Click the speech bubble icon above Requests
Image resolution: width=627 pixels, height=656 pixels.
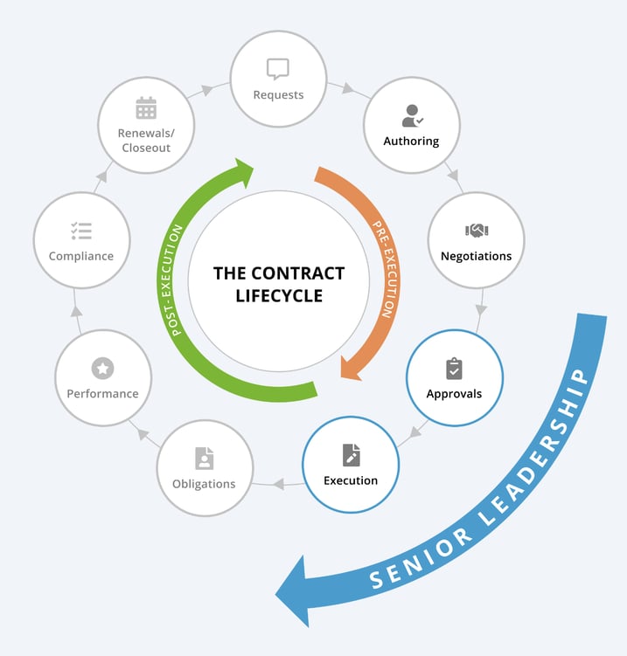pos(277,69)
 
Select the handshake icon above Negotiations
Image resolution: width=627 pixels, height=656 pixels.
pos(476,231)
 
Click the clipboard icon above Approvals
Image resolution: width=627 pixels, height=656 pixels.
pos(454,368)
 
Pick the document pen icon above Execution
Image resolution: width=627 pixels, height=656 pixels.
pos(351,454)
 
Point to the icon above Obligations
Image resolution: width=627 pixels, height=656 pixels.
pos(204,458)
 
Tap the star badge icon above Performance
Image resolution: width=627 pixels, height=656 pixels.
pos(102,369)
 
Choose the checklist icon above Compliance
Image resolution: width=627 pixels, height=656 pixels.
pos(81,231)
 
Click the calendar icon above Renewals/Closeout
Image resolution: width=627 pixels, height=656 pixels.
pos(145,108)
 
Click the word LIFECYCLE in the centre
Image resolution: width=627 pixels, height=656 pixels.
pos(279,296)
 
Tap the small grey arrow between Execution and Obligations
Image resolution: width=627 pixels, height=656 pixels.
pos(278,483)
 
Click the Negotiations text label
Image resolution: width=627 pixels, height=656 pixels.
pos(477,256)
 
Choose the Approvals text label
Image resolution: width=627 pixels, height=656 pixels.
pos(454,393)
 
